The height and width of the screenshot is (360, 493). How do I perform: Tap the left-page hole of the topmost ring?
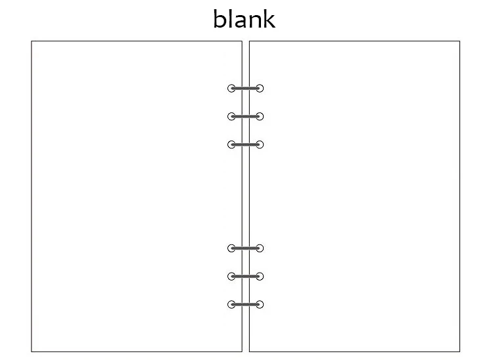[231, 88]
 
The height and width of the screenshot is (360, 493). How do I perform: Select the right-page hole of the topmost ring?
[260, 88]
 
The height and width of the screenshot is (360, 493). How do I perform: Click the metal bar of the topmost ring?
[246, 88]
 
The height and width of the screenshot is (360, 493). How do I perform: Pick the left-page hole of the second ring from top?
[231, 116]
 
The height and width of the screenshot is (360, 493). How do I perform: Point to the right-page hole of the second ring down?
[260, 116]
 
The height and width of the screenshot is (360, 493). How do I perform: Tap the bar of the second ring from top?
[246, 116]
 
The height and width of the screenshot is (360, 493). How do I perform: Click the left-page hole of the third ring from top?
[231, 145]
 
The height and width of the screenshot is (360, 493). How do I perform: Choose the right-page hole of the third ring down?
[260, 145]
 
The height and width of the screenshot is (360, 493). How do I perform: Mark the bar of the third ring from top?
[246, 145]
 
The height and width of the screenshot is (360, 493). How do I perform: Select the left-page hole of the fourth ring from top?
[231, 248]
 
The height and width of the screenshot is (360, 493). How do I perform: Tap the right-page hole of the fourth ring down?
[260, 248]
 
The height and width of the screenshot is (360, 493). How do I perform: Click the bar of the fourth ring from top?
[246, 248]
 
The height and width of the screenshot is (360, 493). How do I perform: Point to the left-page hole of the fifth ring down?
[231, 276]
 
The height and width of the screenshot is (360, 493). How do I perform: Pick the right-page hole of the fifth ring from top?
[260, 276]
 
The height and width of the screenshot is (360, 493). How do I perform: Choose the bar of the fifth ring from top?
[246, 276]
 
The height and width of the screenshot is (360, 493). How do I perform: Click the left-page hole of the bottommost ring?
[231, 304]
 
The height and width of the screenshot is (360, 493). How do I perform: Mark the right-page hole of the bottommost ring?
[260, 304]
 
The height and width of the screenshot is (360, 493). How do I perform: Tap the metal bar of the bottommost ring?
[246, 304]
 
